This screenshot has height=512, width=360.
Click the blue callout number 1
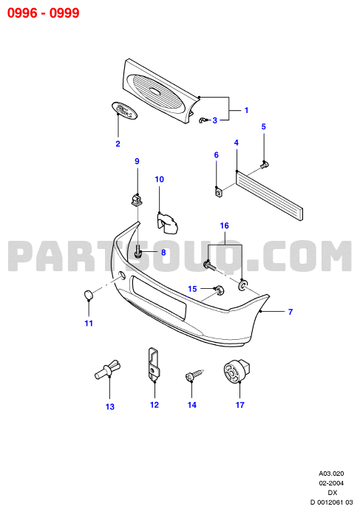click(246, 110)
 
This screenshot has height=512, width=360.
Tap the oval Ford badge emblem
click(124, 110)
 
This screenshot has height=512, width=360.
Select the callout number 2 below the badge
click(118, 143)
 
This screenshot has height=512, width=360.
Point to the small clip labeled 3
click(203, 120)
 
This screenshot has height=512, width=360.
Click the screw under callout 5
click(265, 164)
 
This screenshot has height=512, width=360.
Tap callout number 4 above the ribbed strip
click(237, 143)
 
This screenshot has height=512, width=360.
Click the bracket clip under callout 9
click(137, 199)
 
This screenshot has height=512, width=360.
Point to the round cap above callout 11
click(87, 295)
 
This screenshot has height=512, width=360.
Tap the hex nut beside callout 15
click(219, 290)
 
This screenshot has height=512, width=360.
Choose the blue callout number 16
click(225, 225)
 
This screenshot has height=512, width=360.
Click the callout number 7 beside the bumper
click(291, 312)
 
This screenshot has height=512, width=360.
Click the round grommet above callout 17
click(237, 372)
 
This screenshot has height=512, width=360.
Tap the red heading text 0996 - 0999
click(44, 13)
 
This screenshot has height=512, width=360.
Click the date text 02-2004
click(331, 483)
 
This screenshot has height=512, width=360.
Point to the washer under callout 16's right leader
click(242, 284)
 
